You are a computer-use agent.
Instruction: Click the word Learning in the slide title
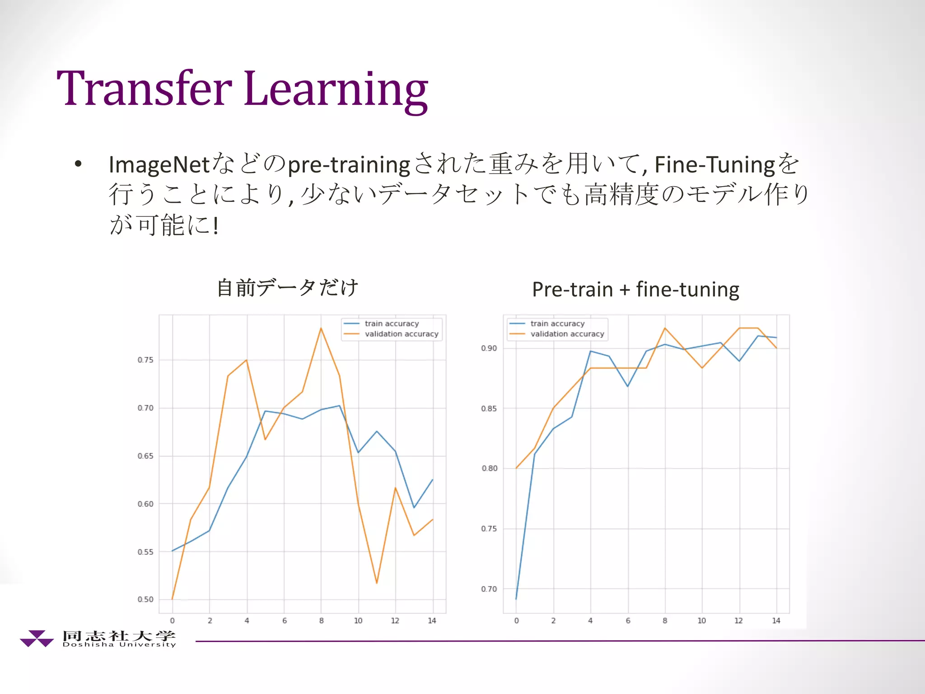(x=336, y=90)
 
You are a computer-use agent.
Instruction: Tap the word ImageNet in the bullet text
(x=159, y=164)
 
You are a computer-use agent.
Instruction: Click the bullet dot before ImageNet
(x=79, y=164)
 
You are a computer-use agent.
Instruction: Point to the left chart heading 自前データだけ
(x=288, y=288)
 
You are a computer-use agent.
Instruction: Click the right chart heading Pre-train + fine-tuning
(x=635, y=289)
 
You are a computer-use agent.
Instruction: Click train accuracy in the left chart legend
(x=392, y=324)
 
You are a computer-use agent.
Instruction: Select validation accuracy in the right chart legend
(x=567, y=334)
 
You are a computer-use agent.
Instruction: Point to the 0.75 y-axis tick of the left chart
(x=145, y=360)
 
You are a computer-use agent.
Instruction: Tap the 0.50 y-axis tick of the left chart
(x=145, y=600)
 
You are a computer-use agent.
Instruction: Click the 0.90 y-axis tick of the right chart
(x=489, y=348)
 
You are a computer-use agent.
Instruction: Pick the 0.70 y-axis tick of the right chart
(x=489, y=589)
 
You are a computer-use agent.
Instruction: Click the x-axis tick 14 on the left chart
(x=432, y=621)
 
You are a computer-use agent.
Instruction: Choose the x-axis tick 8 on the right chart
(x=665, y=621)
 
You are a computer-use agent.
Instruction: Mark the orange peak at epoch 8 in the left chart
(x=321, y=328)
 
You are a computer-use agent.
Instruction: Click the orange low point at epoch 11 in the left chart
(x=377, y=582)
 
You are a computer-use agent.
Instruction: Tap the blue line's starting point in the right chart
(x=516, y=599)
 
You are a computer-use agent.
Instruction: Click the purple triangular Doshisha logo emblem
(x=37, y=638)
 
